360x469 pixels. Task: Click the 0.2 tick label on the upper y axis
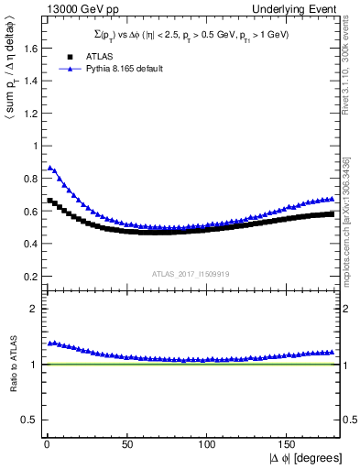(28, 276)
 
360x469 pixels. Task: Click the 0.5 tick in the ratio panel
(28, 420)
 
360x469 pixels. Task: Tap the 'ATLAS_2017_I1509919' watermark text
(191, 273)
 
